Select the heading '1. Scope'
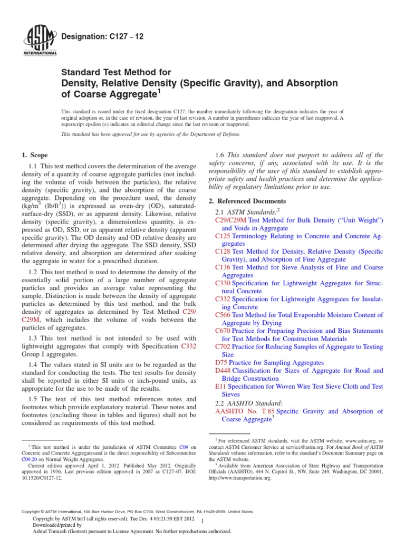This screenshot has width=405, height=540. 34,155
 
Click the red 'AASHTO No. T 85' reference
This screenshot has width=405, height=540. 245,411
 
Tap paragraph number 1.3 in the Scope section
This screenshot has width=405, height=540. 33,338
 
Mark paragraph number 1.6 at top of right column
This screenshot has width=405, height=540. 220,155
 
